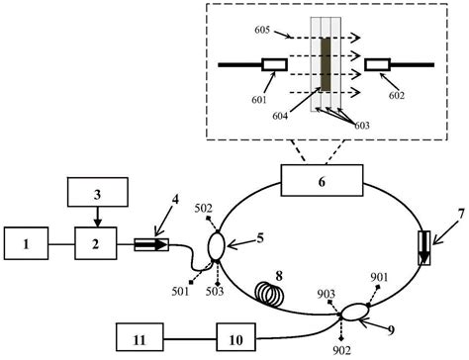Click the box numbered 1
[x=28, y=242]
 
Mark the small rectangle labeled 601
[x=274, y=65]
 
